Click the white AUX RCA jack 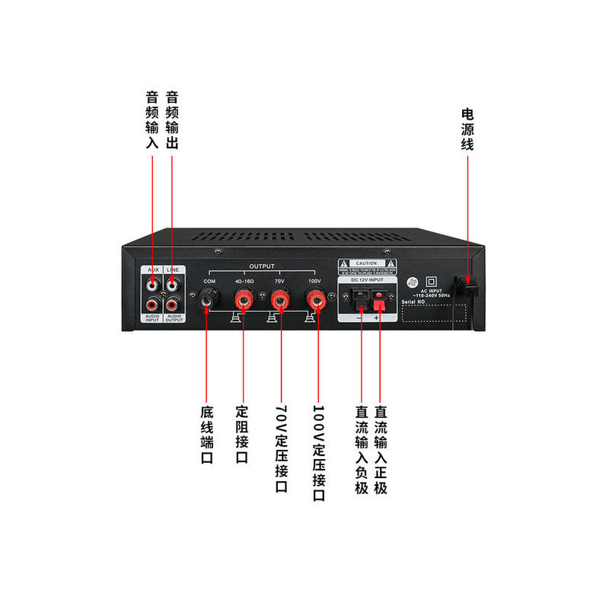[155, 288]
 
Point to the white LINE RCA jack [174, 288]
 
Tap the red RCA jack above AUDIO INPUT [155, 307]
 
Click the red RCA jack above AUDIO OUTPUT [174, 307]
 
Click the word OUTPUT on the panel [261, 267]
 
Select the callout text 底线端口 [207, 435]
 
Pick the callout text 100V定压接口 [319, 452]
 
